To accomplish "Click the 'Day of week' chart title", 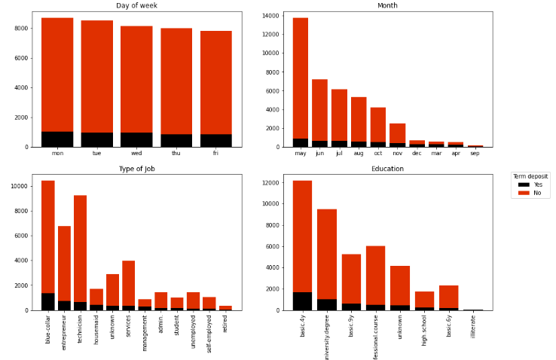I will pos(137,6).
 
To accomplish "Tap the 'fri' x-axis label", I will pos(216,154).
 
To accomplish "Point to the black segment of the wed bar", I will pos(136,139).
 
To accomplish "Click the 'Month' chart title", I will pos(388,6).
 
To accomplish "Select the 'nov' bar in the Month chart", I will pos(397,133).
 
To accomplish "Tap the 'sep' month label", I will pos(475,154).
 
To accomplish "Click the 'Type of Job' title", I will pos(137,169).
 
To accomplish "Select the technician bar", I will pos(80,249).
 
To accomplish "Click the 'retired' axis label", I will pos(226,326).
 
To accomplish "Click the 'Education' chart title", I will pos(388,169).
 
